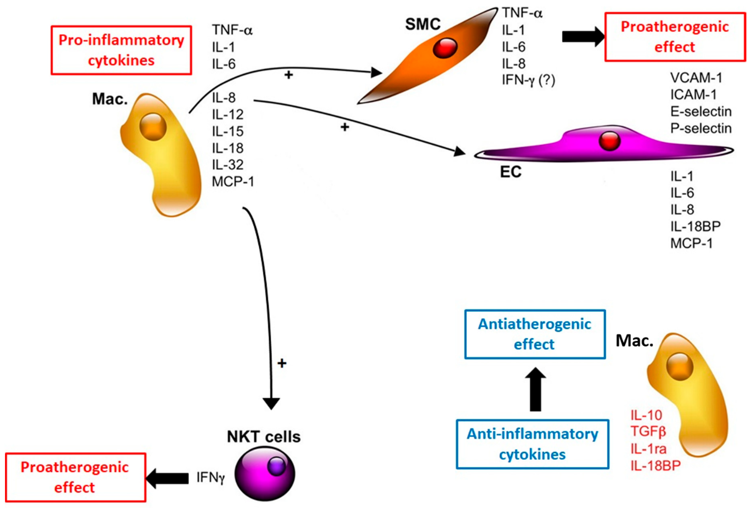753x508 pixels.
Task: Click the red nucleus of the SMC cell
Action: click(x=445, y=48)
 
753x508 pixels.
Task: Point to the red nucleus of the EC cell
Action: click(x=609, y=141)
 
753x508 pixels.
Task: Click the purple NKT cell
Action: click(x=265, y=473)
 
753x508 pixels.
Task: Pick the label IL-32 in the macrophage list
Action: click(x=227, y=165)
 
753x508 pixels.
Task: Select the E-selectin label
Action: click(x=701, y=111)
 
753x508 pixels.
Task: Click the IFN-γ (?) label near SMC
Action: click(x=528, y=80)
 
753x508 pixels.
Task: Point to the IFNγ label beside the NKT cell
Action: click(x=211, y=478)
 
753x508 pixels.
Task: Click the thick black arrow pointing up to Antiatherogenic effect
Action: click(x=535, y=389)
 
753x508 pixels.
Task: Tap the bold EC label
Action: click(x=511, y=172)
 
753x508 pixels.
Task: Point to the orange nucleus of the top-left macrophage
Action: click(x=153, y=127)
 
